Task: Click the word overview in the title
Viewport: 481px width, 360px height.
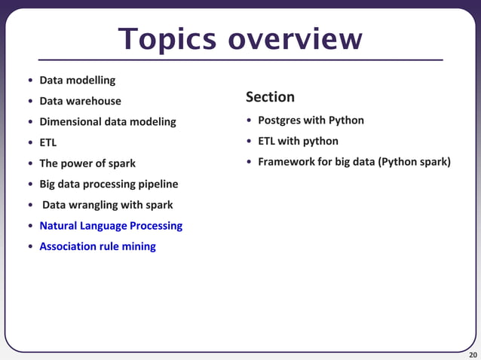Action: click(x=296, y=39)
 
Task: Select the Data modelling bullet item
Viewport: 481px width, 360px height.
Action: click(x=77, y=80)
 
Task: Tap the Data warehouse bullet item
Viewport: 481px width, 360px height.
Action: click(x=80, y=101)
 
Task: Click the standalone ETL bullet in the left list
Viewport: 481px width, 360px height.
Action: click(x=47, y=142)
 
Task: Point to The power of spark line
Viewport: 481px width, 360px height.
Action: click(x=87, y=163)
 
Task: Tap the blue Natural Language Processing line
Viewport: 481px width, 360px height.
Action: click(x=111, y=225)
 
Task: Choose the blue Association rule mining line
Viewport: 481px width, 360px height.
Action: click(x=97, y=246)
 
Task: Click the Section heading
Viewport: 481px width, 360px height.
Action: click(x=270, y=97)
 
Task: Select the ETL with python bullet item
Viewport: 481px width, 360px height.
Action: click(x=298, y=141)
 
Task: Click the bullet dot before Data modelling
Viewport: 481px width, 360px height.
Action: click(x=30, y=81)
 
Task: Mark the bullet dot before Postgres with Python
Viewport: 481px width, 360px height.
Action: click(x=249, y=121)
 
